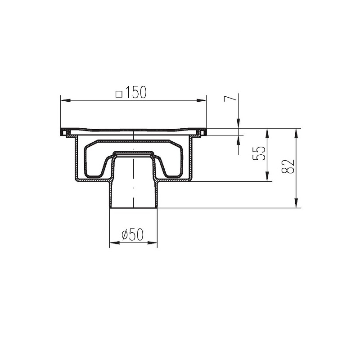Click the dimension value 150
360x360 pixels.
(x=136, y=93)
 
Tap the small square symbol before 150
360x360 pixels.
(x=119, y=94)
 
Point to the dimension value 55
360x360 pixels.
(x=259, y=153)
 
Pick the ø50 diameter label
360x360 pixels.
(x=132, y=234)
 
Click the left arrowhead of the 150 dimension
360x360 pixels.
(x=65, y=100)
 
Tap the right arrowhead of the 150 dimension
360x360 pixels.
(x=202, y=100)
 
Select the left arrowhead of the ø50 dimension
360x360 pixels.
(x=115, y=243)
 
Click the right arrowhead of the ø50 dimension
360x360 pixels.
(x=153, y=243)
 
